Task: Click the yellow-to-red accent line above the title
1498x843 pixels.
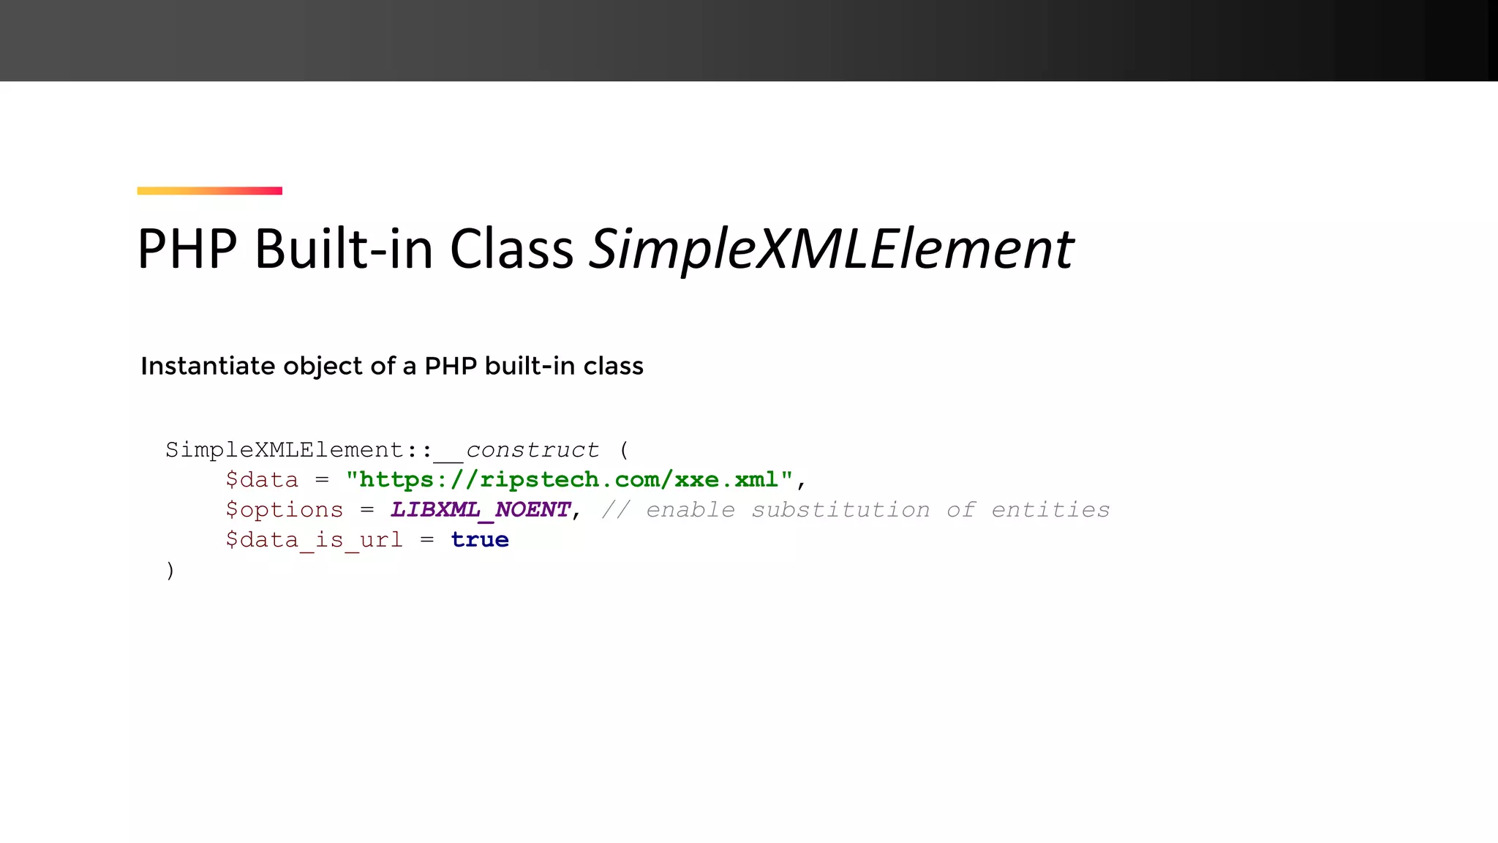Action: click(x=209, y=191)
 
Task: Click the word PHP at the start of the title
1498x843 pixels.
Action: click(x=187, y=250)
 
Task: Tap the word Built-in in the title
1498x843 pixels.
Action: click(x=343, y=250)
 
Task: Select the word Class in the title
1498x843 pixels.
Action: click(x=511, y=250)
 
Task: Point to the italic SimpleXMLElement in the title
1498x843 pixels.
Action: click(x=831, y=250)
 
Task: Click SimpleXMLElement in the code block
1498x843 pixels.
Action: click(x=285, y=450)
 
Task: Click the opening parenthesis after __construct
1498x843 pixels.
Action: click(x=624, y=450)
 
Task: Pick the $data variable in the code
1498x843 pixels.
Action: click(x=262, y=480)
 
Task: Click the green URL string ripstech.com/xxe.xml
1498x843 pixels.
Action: click(x=569, y=480)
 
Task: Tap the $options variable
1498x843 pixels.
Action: click(x=284, y=510)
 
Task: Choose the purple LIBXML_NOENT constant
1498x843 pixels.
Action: click(x=480, y=510)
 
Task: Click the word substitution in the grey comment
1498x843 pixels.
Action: click(x=840, y=510)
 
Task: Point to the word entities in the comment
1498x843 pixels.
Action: click(x=1050, y=510)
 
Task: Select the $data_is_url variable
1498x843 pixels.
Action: click(x=314, y=540)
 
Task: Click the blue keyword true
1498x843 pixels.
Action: click(x=480, y=540)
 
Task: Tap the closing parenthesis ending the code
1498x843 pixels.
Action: click(x=170, y=570)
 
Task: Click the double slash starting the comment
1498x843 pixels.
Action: click(x=615, y=510)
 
